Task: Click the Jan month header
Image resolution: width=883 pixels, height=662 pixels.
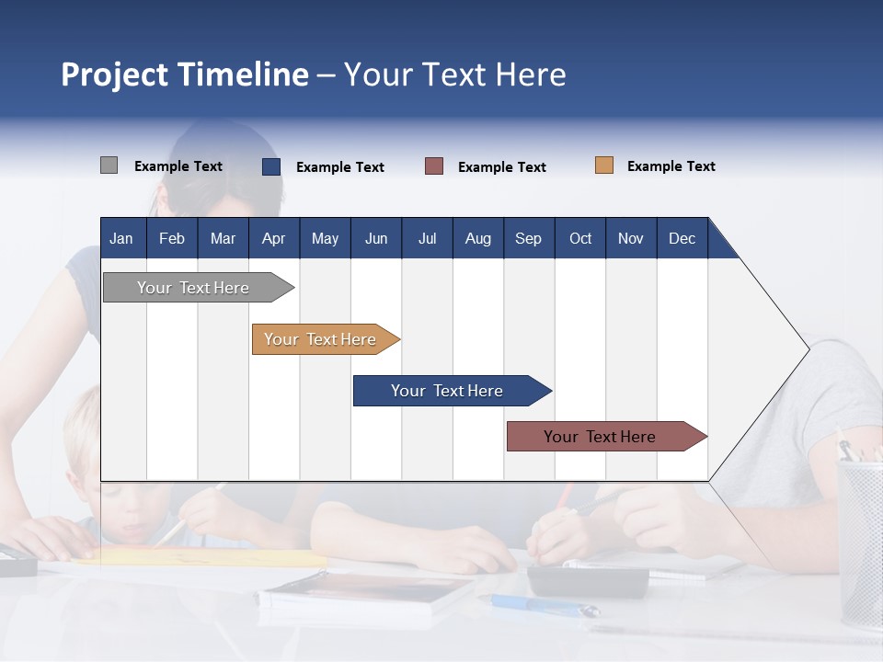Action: (121, 238)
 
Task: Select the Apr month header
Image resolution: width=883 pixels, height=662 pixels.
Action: (273, 238)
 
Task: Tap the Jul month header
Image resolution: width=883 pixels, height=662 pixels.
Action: (427, 238)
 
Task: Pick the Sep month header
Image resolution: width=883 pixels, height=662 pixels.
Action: (528, 238)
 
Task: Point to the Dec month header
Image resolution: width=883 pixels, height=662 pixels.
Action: (682, 238)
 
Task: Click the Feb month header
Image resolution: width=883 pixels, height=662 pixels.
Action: (172, 238)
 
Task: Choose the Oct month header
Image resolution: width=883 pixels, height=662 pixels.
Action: (580, 238)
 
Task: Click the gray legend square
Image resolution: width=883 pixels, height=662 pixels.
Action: (109, 165)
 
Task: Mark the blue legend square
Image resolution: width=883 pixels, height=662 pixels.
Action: (271, 166)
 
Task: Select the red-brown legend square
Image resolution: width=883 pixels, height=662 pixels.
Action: (434, 166)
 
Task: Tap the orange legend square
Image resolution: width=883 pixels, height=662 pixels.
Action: (604, 165)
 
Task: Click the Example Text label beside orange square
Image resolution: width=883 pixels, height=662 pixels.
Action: (671, 166)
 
